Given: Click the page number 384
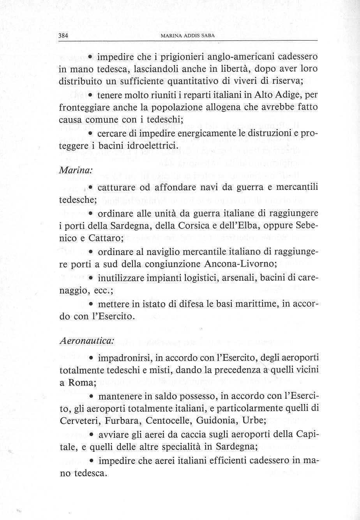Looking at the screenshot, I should pos(63,36).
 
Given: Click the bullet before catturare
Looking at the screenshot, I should pos(90,188).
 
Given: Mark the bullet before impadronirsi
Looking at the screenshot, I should pos(90,357).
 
